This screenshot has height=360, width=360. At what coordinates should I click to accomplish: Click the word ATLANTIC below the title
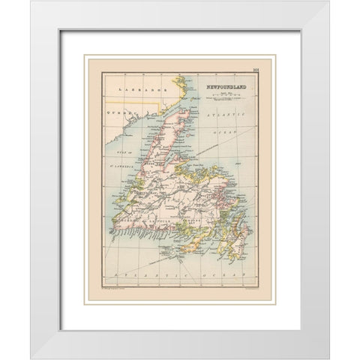tap(227, 114)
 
